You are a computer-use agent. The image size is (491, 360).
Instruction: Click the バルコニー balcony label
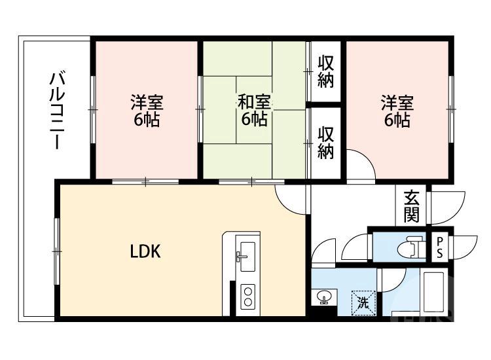57,111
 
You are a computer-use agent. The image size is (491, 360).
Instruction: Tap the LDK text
145,251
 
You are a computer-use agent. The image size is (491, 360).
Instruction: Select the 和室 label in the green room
253,102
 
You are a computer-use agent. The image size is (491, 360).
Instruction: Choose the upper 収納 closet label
326,72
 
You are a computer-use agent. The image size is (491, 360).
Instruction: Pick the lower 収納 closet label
326,142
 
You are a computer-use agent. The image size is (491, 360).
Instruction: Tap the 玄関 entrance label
411,205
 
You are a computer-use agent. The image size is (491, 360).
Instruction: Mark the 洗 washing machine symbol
363,302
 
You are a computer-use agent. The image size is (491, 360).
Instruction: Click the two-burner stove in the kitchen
248,297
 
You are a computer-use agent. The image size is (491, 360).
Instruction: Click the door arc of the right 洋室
360,164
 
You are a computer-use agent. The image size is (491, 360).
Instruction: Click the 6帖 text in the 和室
253,119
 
